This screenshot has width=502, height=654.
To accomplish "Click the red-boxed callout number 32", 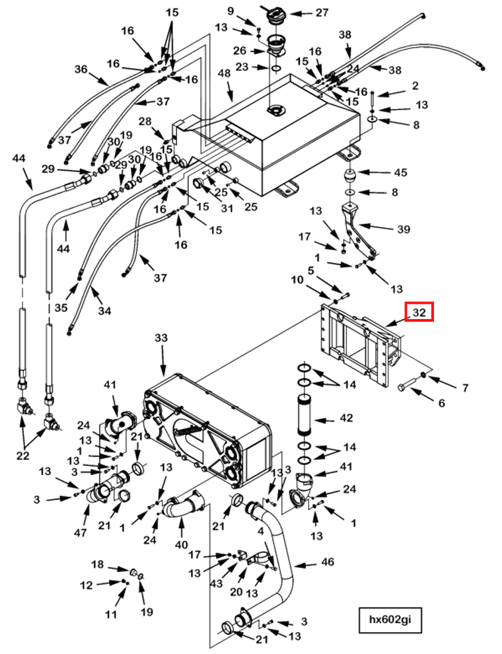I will [419, 312].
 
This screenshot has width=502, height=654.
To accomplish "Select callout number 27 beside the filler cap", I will [322, 12].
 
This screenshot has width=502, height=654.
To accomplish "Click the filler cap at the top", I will [275, 14].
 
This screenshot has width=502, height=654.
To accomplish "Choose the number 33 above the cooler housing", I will [161, 338].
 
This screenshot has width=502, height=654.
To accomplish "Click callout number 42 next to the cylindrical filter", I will [347, 418].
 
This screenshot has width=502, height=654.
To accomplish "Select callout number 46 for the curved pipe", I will [327, 562].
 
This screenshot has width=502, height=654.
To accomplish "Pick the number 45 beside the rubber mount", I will [401, 173].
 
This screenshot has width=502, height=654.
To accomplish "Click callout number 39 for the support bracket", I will [402, 229].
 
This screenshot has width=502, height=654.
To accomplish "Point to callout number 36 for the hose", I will [81, 69].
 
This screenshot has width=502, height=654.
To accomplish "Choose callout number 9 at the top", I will [231, 11].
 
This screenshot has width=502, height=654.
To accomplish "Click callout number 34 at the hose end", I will [104, 310].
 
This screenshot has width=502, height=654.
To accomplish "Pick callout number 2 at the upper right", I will [415, 86].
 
